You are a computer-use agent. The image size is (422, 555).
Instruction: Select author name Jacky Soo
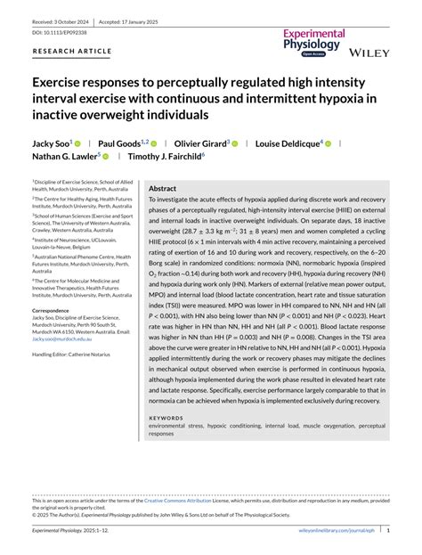pos(52,143)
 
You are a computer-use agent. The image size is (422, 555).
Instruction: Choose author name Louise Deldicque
pos(288,143)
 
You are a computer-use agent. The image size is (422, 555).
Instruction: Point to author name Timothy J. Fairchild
pos(164,156)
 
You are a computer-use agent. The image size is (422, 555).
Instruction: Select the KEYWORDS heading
pos(166,417)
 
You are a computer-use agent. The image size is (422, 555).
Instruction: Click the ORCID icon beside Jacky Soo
pos(77,143)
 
